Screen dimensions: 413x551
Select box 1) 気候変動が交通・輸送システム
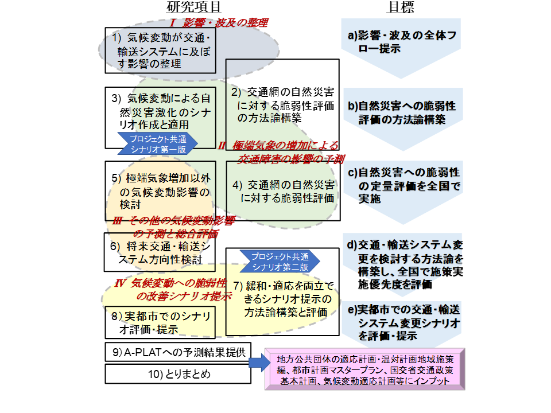[x=161, y=50]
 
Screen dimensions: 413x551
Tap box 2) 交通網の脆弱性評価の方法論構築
[x=284, y=104]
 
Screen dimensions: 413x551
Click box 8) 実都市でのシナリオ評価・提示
[x=161, y=322]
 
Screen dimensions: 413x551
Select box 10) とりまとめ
[x=177, y=374]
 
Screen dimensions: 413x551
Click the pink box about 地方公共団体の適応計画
[x=364, y=368]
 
